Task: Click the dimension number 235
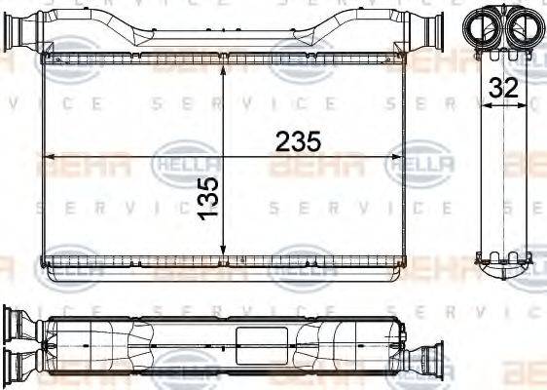tap(298, 141)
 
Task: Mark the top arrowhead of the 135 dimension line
tap(225, 71)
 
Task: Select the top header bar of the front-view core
tap(224, 60)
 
